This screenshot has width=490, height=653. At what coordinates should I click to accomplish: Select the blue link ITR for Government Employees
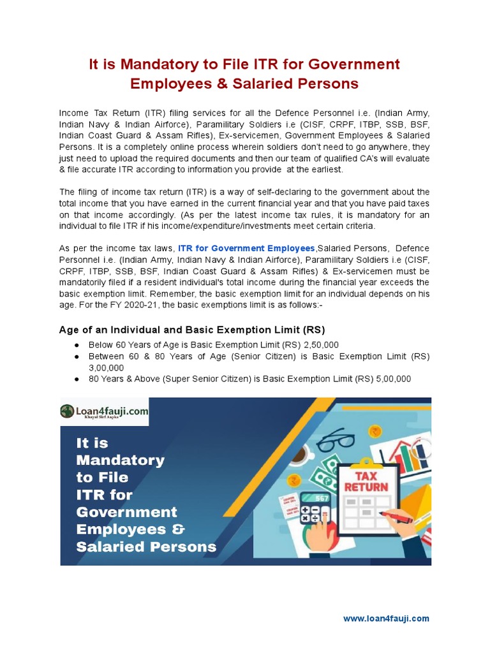pos(246,248)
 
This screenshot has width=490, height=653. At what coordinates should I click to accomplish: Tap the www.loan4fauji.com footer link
pos(386,618)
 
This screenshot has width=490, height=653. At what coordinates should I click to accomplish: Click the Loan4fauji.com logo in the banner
pos(105,413)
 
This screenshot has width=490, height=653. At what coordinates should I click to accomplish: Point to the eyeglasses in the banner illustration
pos(335,440)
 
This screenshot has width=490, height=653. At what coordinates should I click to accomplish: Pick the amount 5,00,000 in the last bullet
pos(390,379)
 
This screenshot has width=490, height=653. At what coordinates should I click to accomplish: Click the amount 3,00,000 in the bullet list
pos(106,368)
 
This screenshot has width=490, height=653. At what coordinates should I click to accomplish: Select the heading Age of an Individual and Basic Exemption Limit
pos(191,330)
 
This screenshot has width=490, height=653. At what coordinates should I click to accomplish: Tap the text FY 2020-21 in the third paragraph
pos(156,305)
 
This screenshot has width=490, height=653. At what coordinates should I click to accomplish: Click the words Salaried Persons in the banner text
pos(146,547)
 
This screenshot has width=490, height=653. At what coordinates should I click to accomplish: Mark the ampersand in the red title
pos(224,84)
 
